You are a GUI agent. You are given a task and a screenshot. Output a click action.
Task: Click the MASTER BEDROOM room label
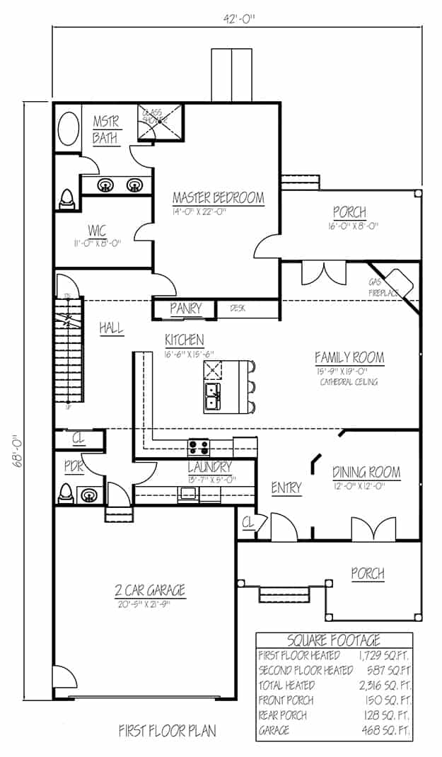[219, 197]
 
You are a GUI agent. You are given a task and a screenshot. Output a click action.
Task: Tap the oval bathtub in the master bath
[68, 129]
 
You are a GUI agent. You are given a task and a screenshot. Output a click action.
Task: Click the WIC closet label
[97, 231]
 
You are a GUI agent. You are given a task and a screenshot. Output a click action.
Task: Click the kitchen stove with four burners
[198, 447]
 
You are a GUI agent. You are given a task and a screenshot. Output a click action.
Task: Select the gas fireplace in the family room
[397, 283]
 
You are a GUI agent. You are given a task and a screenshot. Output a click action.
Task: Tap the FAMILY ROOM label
[349, 357]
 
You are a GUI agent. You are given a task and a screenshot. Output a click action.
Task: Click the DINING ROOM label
[366, 472]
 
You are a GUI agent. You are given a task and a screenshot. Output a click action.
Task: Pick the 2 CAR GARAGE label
[150, 589]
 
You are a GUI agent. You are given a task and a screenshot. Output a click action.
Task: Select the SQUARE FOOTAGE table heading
[334, 641]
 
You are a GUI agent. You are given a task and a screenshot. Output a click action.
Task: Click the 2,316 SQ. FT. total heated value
[386, 685]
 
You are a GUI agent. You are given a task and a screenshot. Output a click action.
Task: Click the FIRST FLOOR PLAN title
[168, 730]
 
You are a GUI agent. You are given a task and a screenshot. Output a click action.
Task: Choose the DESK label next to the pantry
[237, 308]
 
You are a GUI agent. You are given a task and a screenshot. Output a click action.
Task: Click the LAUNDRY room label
[209, 467]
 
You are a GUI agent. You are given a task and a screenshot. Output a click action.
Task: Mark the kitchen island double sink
[212, 398]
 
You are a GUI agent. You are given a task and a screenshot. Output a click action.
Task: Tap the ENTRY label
[286, 487]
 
